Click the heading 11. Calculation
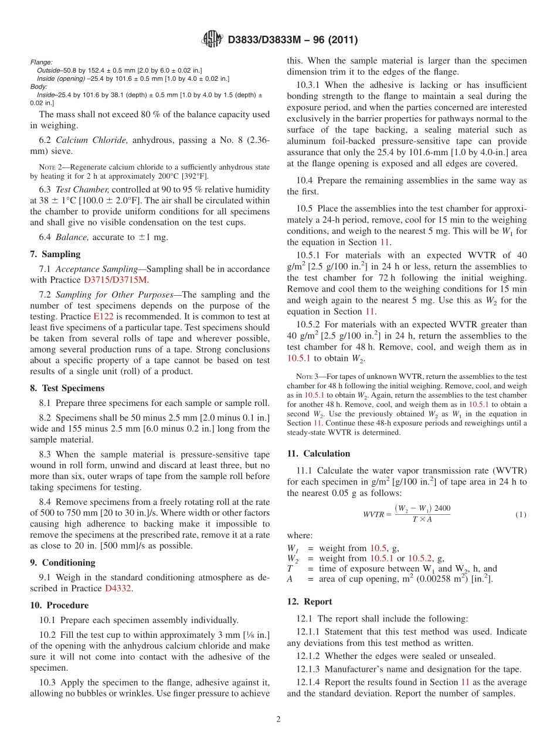[318, 453]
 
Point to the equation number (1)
[521, 514]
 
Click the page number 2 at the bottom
[278, 720]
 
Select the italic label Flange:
[41, 62]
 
